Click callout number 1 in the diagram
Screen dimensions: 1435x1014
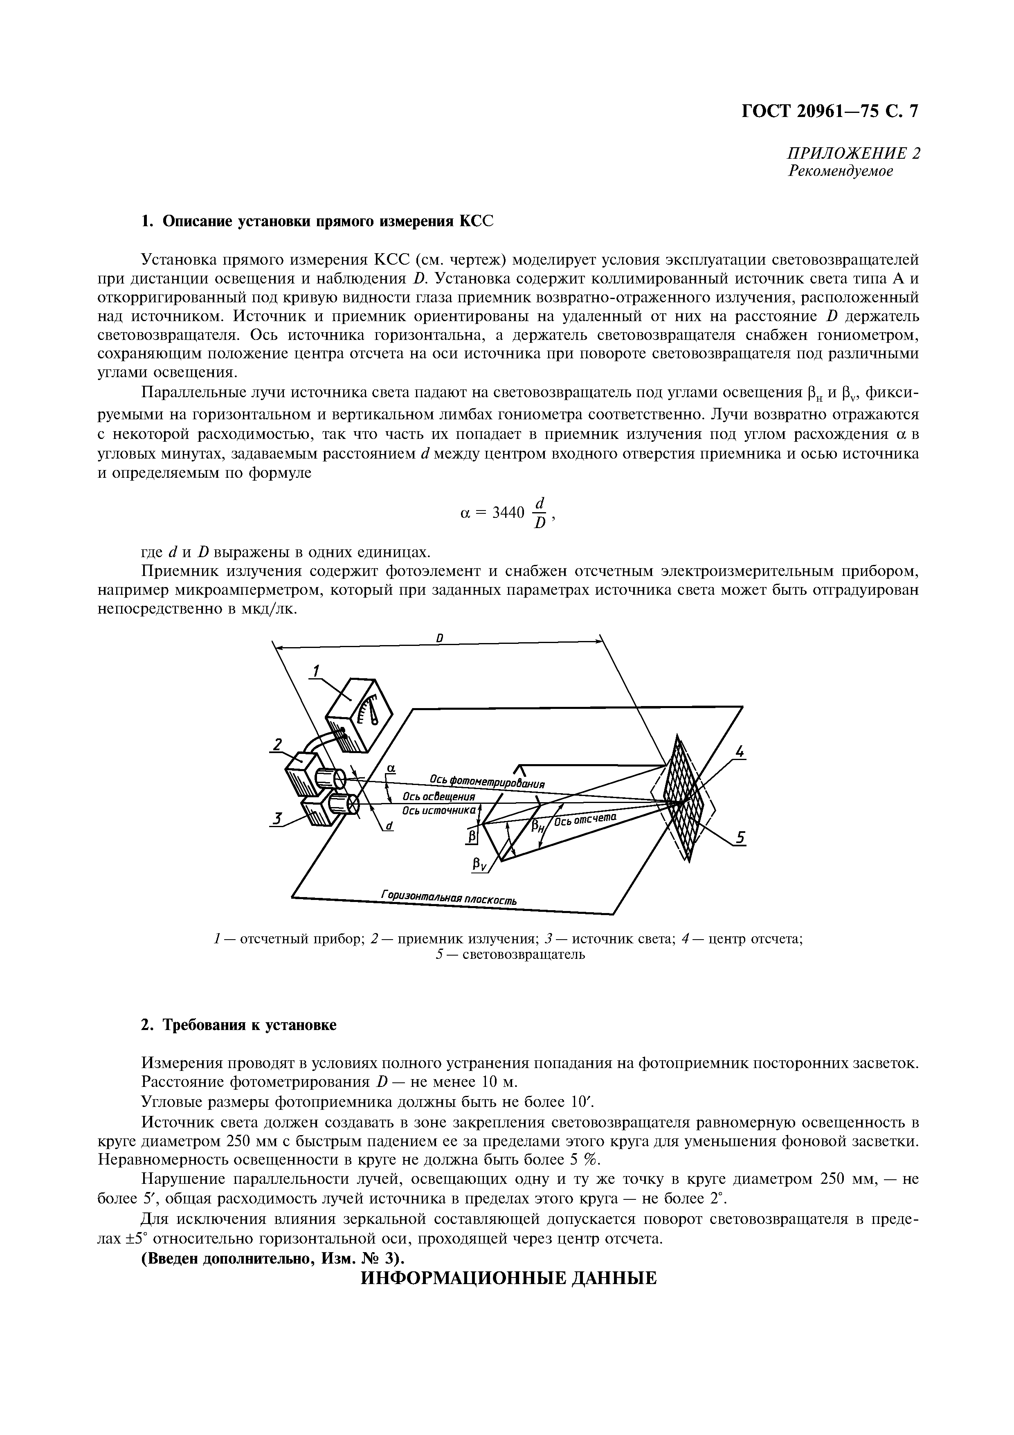[x=316, y=670]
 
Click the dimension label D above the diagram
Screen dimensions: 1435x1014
[x=440, y=638]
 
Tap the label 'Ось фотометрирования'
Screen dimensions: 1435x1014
[x=487, y=781]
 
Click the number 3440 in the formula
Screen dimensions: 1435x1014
[x=507, y=513]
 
